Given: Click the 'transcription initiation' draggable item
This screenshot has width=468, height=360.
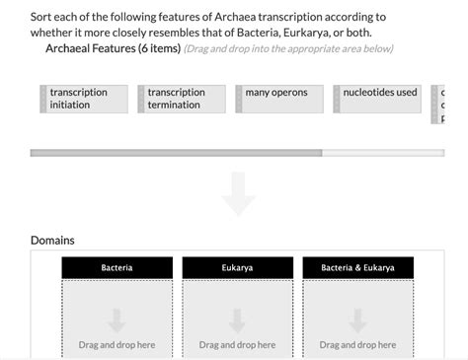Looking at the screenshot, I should point(87,99).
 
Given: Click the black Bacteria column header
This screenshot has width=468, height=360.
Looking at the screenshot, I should point(117,267).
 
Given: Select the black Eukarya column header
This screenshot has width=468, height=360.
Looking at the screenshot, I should point(237,267).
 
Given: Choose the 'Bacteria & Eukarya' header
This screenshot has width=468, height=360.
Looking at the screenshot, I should point(357,267).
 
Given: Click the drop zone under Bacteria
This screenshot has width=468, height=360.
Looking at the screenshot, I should point(117,325).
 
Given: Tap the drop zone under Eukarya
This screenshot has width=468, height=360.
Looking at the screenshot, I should point(237,325).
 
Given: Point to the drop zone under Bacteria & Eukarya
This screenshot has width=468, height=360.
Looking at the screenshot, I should point(357,325).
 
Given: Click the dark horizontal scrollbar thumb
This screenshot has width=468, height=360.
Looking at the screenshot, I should point(176,153).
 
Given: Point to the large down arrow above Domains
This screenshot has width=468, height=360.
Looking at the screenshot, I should point(238,193).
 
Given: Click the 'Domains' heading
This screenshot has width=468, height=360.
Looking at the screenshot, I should point(52,240).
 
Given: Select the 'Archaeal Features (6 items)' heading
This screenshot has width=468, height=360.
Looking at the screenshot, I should point(113,48).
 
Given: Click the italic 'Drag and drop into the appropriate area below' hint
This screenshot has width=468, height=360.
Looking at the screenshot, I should point(288,49).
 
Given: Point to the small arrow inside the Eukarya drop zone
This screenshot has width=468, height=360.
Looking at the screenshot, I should point(237,321).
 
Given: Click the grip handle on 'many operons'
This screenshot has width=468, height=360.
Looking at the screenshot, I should point(239,99).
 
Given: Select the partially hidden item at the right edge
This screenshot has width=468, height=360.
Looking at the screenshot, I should point(440,104).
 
